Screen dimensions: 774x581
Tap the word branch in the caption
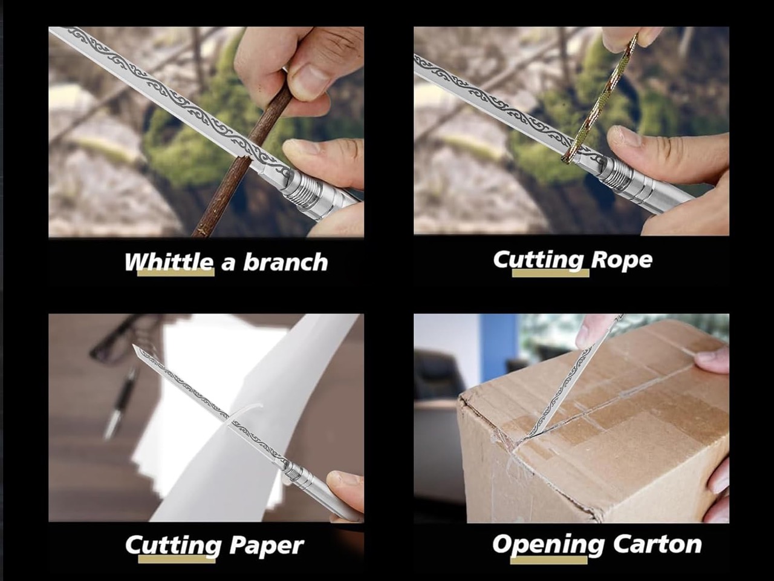(285, 261)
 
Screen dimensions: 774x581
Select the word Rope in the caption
(622, 260)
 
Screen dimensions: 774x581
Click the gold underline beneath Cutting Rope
(550, 273)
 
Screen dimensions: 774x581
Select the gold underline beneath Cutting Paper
(177, 559)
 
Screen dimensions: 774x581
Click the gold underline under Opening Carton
(548, 560)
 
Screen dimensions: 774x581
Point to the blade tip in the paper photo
(133, 346)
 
